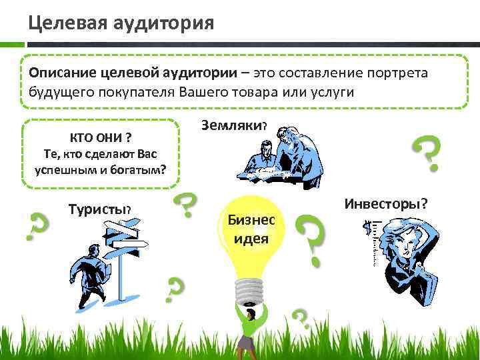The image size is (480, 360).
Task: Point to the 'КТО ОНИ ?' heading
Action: [100, 137]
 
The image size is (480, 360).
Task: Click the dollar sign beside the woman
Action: [365, 231]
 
